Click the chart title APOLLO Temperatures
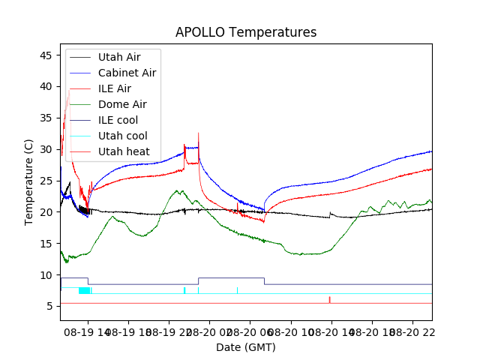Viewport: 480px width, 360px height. click(245, 32)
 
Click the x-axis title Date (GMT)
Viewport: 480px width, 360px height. click(245, 347)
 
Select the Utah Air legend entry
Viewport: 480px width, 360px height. click(118, 57)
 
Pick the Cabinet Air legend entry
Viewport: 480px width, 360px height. click(127, 73)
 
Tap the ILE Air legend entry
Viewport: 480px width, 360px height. click(114, 88)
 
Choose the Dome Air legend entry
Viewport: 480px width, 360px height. click(122, 104)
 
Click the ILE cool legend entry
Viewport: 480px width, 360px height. click(118, 120)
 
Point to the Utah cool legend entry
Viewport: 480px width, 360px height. click(122, 136)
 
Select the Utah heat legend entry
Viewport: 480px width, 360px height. click(123, 151)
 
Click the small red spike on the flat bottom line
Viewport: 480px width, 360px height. click(329, 299)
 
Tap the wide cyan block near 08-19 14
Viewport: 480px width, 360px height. click(84, 290)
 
